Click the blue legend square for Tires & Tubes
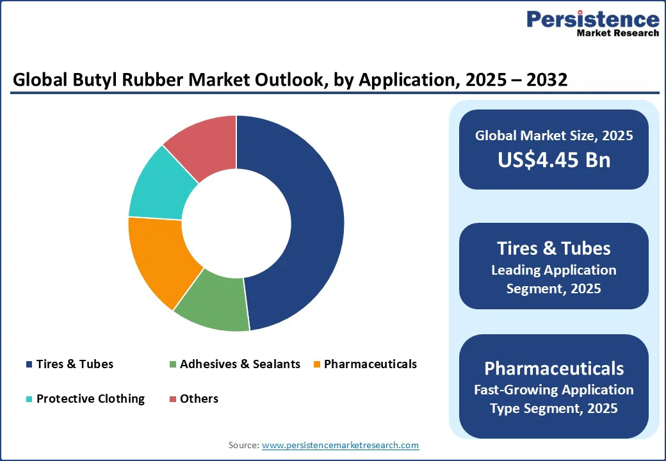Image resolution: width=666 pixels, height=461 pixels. [x=29, y=364]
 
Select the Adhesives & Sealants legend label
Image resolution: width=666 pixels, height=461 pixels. [x=240, y=364]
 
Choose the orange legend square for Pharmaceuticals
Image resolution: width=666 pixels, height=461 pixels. [x=317, y=364]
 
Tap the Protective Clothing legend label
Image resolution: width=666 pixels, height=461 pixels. [x=90, y=399]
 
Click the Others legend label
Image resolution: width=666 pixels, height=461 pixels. [x=199, y=399]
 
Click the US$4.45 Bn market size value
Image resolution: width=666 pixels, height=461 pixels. [x=554, y=160]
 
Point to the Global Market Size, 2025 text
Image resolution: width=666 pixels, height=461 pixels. [x=554, y=135]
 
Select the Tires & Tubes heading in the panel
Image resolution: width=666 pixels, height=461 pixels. [x=554, y=248]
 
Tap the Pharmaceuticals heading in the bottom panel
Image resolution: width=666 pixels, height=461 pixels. [x=554, y=368]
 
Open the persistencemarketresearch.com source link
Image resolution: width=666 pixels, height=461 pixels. [x=340, y=445]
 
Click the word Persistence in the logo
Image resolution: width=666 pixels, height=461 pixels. [x=592, y=19]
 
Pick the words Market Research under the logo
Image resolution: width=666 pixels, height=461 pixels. [x=617, y=33]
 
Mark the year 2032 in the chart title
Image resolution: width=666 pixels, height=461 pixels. [x=547, y=80]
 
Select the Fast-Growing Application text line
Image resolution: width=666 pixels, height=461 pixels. [x=554, y=390]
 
